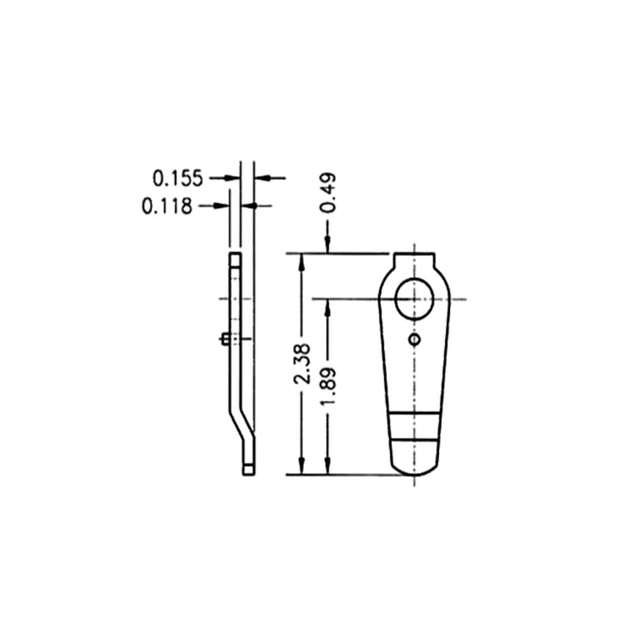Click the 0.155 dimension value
click(177, 179)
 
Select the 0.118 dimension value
click(167, 206)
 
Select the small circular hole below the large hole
click(415, 339)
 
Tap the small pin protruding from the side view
click(225, 339)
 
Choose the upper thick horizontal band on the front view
click(415, 412)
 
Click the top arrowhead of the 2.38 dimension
click(302, 260)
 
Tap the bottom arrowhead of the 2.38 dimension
click(302, 468)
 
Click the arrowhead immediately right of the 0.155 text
click(234, 179)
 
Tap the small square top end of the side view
click(236, 259)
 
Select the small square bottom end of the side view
click(248, 470)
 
